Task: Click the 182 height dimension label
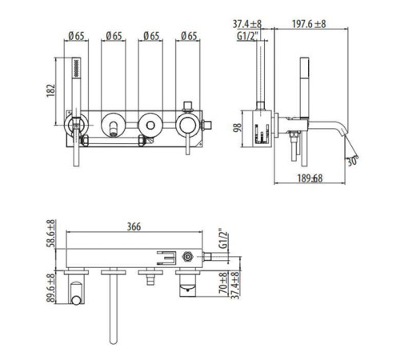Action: pos(51,90)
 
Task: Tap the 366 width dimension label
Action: pos(134,226)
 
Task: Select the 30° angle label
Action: pos(353,161)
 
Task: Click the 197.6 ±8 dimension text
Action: pos(309,24)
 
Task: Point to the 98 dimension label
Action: pos(238,127)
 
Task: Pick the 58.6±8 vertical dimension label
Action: pos(51,234)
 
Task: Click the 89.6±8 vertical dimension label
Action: pos(51,287)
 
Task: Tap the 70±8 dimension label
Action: pos(223,282)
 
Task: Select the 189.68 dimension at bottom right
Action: pos(310,178)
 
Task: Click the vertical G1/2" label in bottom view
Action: pos(224,238)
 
